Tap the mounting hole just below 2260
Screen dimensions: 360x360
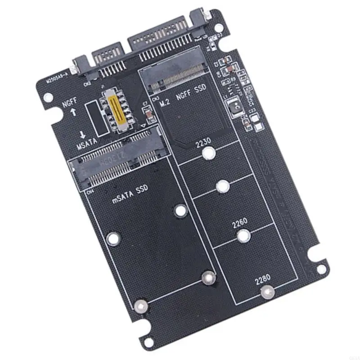[243, 236]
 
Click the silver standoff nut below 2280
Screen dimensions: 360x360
[266, 293]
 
